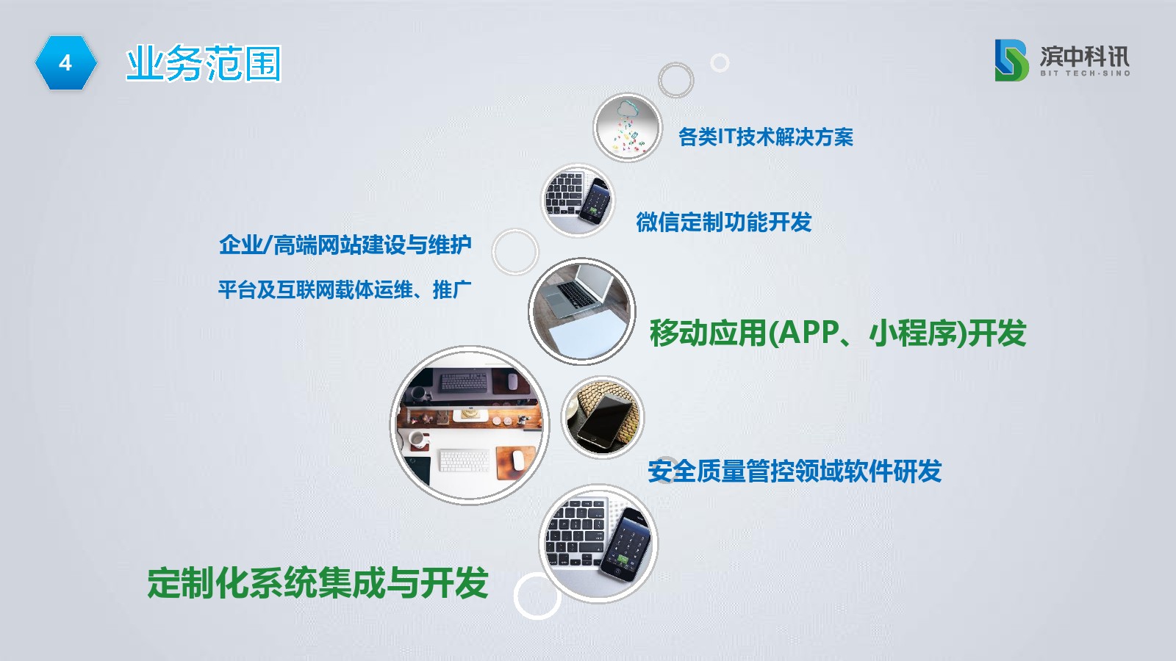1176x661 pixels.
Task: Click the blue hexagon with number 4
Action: pos(65,63)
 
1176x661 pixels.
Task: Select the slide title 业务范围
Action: pos(203,63)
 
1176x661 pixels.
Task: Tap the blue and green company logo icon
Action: pos(1011,60)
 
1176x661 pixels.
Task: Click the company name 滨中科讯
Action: pos(1085,56)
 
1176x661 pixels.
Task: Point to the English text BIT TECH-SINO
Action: pos(1085,73)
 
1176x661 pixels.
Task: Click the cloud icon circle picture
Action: pos(628,128)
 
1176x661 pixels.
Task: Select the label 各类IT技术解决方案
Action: pos(765,137)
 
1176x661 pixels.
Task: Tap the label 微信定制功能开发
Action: pos(723,222)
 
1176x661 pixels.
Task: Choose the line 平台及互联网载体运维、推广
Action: pos(345,289)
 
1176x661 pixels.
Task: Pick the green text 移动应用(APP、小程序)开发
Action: pos(838,333)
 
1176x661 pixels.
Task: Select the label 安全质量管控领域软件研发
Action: pos(795,471)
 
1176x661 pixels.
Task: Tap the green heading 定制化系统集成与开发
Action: pos(318,583)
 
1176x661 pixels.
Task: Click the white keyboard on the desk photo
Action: pos(465,460)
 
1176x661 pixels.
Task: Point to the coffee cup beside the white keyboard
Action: pos(418,440)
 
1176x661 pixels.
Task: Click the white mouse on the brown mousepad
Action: pos(517,460)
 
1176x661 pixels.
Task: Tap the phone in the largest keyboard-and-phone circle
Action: pos(625,543)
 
